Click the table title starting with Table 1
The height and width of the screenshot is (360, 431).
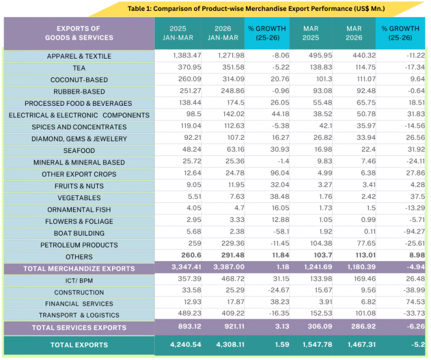tap(256, 9)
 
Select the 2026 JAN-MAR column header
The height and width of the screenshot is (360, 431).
tap(222, 33)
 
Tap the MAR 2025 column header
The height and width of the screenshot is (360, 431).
tap(310, 33)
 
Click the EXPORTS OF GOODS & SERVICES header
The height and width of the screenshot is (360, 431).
tap(79, 33)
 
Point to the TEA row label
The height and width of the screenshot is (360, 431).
tap(79, 68)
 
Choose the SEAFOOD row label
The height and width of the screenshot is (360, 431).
tap(79, 151)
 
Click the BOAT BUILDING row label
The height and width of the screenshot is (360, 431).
tap(79, 233)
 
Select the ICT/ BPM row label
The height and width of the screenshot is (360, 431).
tap(79, 281)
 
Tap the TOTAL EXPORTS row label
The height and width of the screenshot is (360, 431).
tap(79, 345)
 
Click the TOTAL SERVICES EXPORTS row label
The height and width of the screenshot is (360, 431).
tap(79, 328)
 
